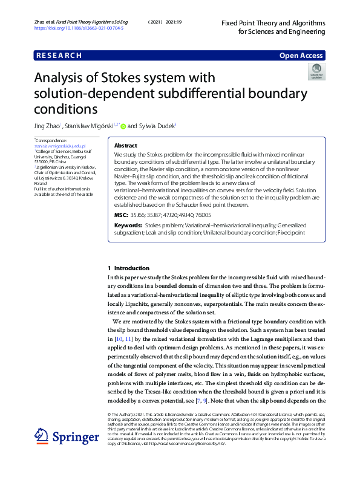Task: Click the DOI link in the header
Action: click(x=79, y=28)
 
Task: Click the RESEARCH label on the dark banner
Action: click(x=59, y=56)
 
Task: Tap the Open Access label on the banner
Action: click(x=301, y=56)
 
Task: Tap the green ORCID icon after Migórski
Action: click(x=123, y=126)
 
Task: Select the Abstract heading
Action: click(x=125, y=146)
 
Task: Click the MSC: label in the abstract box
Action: click(x=120, y=215)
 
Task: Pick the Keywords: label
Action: click(x=128, y=225)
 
